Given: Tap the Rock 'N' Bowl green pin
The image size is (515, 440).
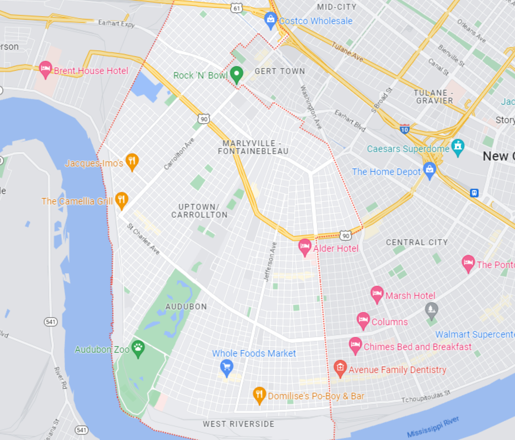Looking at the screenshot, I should [237, 74].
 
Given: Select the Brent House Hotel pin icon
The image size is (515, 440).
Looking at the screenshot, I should [45, 68].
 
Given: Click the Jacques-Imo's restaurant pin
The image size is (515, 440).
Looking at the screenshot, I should [132, 161].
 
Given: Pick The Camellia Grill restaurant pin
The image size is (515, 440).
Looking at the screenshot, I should [121, 200].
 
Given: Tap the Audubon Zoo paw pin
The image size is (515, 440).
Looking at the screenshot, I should [138, 348].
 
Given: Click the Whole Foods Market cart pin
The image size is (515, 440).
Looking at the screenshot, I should [227, 367].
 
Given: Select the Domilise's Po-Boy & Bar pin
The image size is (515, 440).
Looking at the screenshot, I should [259, 394].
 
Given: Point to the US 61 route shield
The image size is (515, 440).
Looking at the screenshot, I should [236, 8].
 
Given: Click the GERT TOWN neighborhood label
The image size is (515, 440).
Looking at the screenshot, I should [280, 71].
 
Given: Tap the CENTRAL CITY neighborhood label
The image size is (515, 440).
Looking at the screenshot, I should [417, 242].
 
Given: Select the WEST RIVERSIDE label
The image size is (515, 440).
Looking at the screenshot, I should [238, 424].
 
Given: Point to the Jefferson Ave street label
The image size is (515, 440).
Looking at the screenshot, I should [270, 261].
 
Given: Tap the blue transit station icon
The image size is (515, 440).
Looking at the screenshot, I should [474, 193].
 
